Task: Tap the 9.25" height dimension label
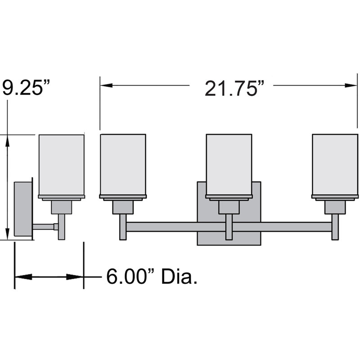(x=25, y=87)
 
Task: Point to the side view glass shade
(x=62, y=165)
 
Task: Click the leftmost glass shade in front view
(x=122, y=165)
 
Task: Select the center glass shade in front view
(x=229, y=165)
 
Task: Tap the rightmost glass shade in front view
(x=335, y=165)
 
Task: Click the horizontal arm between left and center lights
(x=175, y=227)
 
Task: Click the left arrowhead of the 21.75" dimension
(x=106, y=85)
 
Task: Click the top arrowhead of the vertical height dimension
(x=8, y=140)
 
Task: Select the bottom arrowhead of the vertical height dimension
(x=8, y=234)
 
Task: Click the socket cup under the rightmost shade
(x=335, y=207)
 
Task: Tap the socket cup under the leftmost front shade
(x=122, y=207)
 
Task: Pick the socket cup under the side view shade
(x=62, y=207)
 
